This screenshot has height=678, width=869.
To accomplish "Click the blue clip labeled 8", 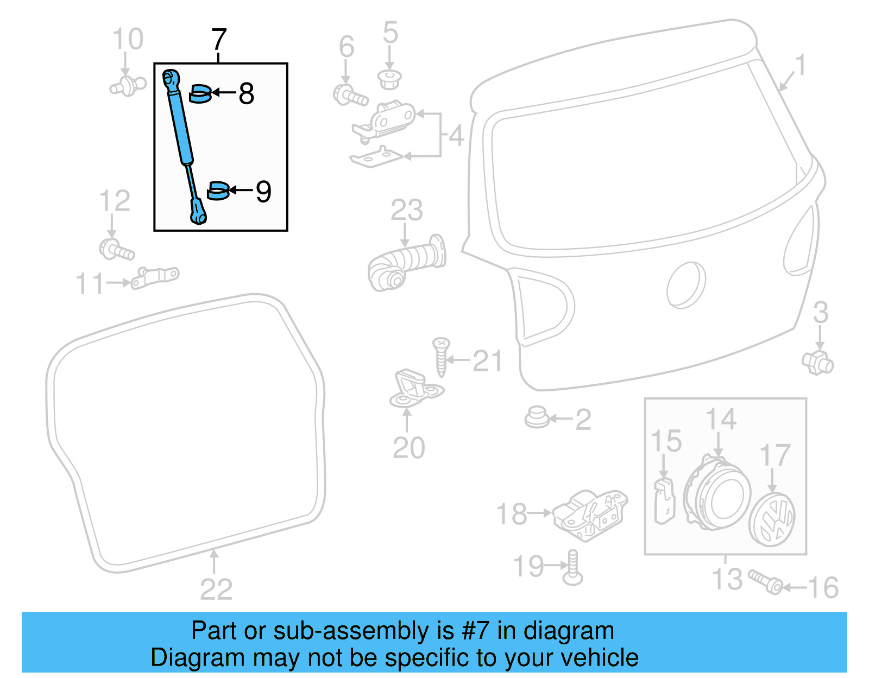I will tap(200, 93).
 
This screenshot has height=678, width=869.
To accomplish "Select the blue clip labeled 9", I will tap(218, 191).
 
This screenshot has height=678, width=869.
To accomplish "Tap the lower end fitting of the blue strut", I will tap(198, 212).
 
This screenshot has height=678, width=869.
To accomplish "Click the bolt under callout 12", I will tap(116, 250).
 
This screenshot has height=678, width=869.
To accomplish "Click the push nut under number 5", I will tap(389, 79).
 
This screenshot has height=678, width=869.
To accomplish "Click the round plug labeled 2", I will tap(537, 417).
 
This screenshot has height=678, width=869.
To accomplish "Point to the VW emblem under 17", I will tap(772, 519).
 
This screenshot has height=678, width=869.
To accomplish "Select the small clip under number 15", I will tap(664, 501).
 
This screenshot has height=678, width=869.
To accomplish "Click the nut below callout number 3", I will tap(817, 363).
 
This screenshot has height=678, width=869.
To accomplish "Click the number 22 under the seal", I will tap(216, 590).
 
